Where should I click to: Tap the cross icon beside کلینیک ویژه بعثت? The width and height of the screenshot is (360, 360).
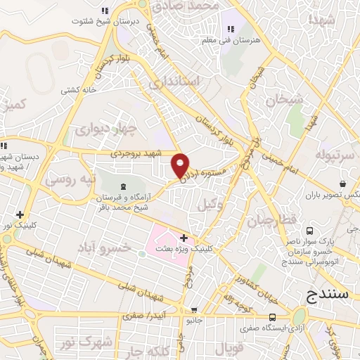tap(184, 238)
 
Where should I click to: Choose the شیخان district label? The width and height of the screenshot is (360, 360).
tap(285, 101)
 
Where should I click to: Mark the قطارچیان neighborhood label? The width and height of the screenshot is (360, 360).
tap(268, 222)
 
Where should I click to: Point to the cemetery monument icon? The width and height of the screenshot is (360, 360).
tap(124, 186)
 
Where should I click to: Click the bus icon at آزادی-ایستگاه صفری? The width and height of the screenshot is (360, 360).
tap(272, 317)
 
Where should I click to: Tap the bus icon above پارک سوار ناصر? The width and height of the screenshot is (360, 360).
tap(309, 231)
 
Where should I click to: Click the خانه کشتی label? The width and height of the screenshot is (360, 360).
tap(79, 89)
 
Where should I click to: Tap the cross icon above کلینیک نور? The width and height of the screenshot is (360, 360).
tap(20, 214)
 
